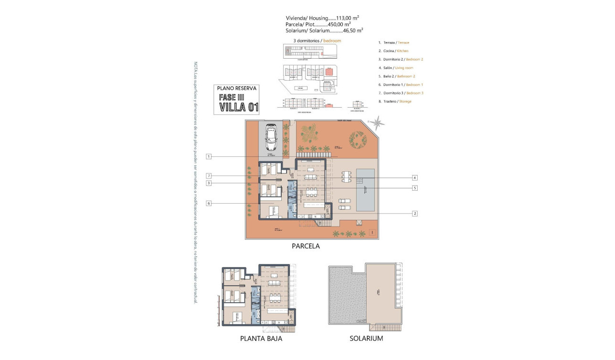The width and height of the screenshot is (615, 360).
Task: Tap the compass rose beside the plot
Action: pos(379,123)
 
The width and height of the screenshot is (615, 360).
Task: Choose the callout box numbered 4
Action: pos(415,177)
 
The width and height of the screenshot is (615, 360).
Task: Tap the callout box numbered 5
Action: pos(415,188)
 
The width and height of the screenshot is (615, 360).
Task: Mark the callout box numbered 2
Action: pos(415,214)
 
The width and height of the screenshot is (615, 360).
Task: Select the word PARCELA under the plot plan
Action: pos(306,247)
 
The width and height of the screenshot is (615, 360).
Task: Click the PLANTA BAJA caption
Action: pos(261,339)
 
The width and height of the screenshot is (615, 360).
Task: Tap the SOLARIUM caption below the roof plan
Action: pos(366,339)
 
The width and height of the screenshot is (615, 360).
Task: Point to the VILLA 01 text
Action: pos(239,107)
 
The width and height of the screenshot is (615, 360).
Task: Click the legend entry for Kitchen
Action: pos(393,51)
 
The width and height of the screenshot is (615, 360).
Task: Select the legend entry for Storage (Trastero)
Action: pos(395,101)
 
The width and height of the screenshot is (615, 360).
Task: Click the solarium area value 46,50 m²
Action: pos(353,30)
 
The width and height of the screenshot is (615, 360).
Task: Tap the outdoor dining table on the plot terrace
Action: pos(346,178)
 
